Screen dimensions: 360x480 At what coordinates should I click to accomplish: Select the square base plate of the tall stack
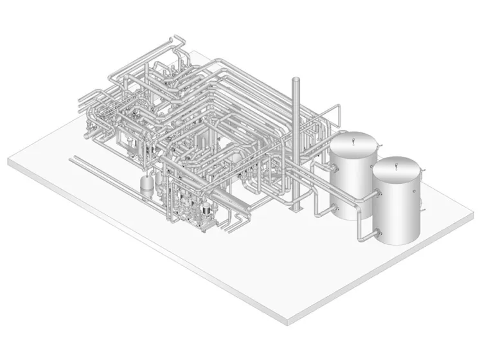pos(296,209)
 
